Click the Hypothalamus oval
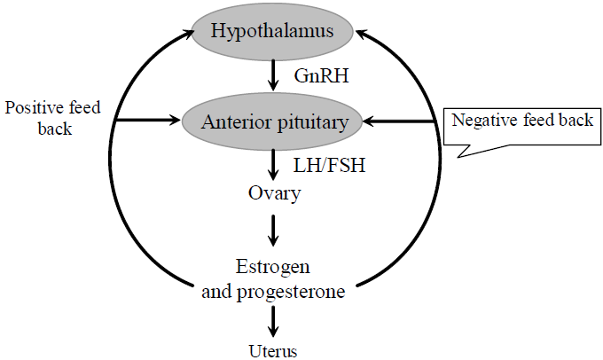(272, 33)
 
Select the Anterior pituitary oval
(274, 121)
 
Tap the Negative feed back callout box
(521, 121)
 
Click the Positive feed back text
(53, 117)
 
